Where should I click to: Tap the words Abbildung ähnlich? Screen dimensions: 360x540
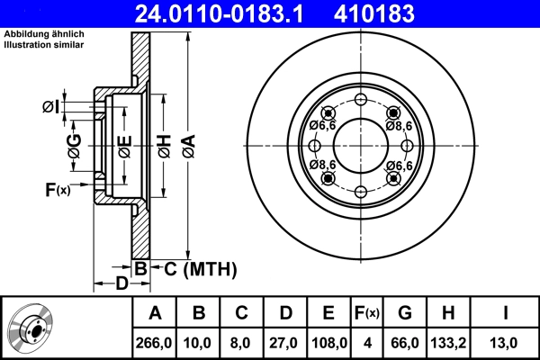[x=45, y=34]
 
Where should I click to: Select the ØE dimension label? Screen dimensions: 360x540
[x=124, y=145]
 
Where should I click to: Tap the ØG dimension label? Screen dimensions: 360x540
[x=74, y=145]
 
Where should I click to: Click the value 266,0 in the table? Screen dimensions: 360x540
[x=155, y=342]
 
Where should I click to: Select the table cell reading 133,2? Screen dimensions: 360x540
[x=449, y=342]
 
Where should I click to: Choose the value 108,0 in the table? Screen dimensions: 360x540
[x=328, y=342]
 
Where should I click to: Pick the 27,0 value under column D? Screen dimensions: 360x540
[x=285, y=342]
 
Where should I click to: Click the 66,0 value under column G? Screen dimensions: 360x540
[x=405, y=342]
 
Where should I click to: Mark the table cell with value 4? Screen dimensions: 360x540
[x=367, y=342]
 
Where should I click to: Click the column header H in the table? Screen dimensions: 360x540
[x=449, y=313]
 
